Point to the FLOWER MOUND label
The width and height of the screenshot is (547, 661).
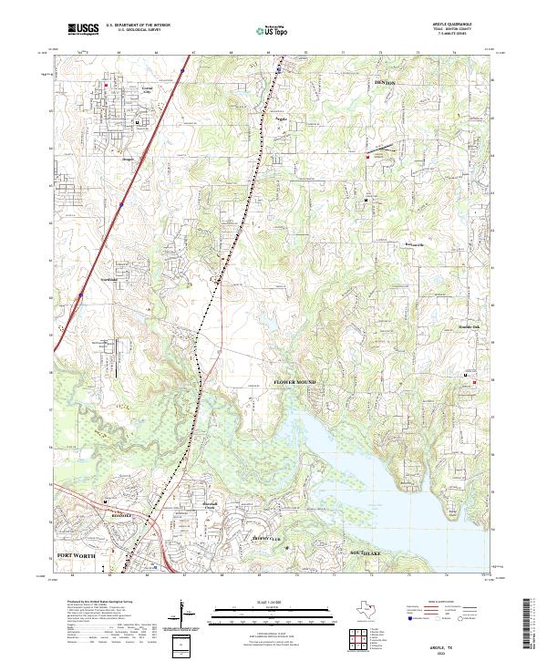pos(295,381)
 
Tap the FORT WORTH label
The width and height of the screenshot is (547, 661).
pos(77,554)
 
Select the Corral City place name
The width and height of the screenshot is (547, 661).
pos(146,89)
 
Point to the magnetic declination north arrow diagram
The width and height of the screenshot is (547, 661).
pos(188,614)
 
